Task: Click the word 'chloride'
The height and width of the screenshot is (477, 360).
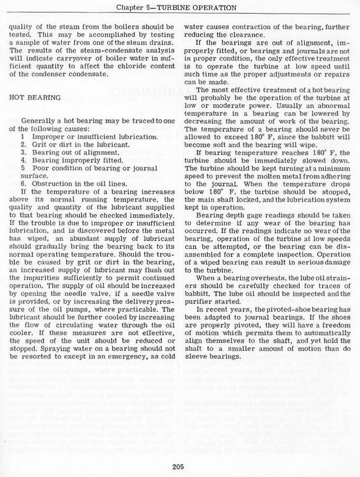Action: click(x=131, y=65)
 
